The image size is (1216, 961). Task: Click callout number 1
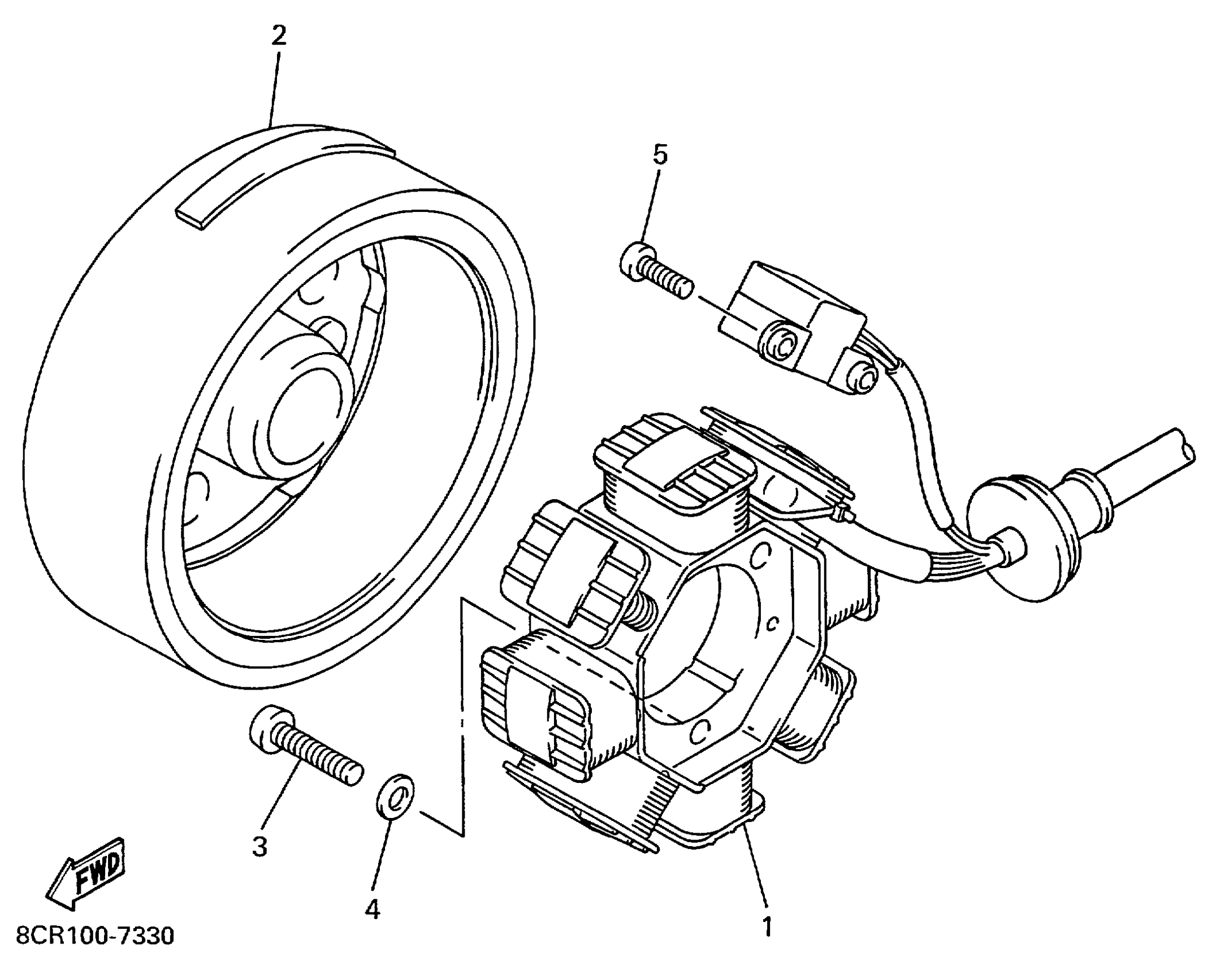pyautogui.click(x=767, y=926)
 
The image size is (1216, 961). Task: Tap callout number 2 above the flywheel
pyautogui.click(x=279, y=36)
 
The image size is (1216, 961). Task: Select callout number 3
pyautogui.click(x=259, y=846)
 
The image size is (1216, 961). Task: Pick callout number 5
pyautogui.click(x=660, y=154)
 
